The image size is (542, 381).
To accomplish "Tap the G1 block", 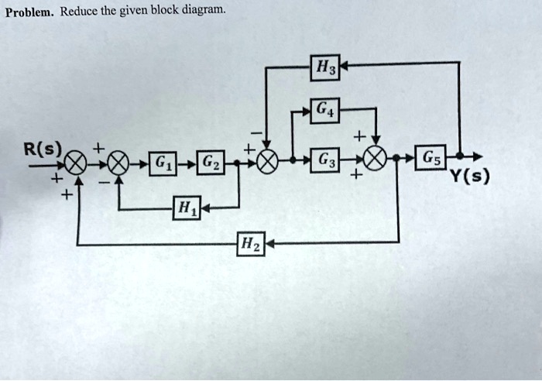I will [x=160, y=164].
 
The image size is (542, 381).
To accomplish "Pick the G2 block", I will [x=210, y=164].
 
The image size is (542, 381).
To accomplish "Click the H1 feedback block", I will [x=186, y=208].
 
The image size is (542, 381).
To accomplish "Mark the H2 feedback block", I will [x=251, y=245].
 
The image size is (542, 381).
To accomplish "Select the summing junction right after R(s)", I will [x=75, y=164].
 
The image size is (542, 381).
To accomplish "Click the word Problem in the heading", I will [x=28, y=10].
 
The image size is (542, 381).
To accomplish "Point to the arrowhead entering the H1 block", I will [x=204, y=208].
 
